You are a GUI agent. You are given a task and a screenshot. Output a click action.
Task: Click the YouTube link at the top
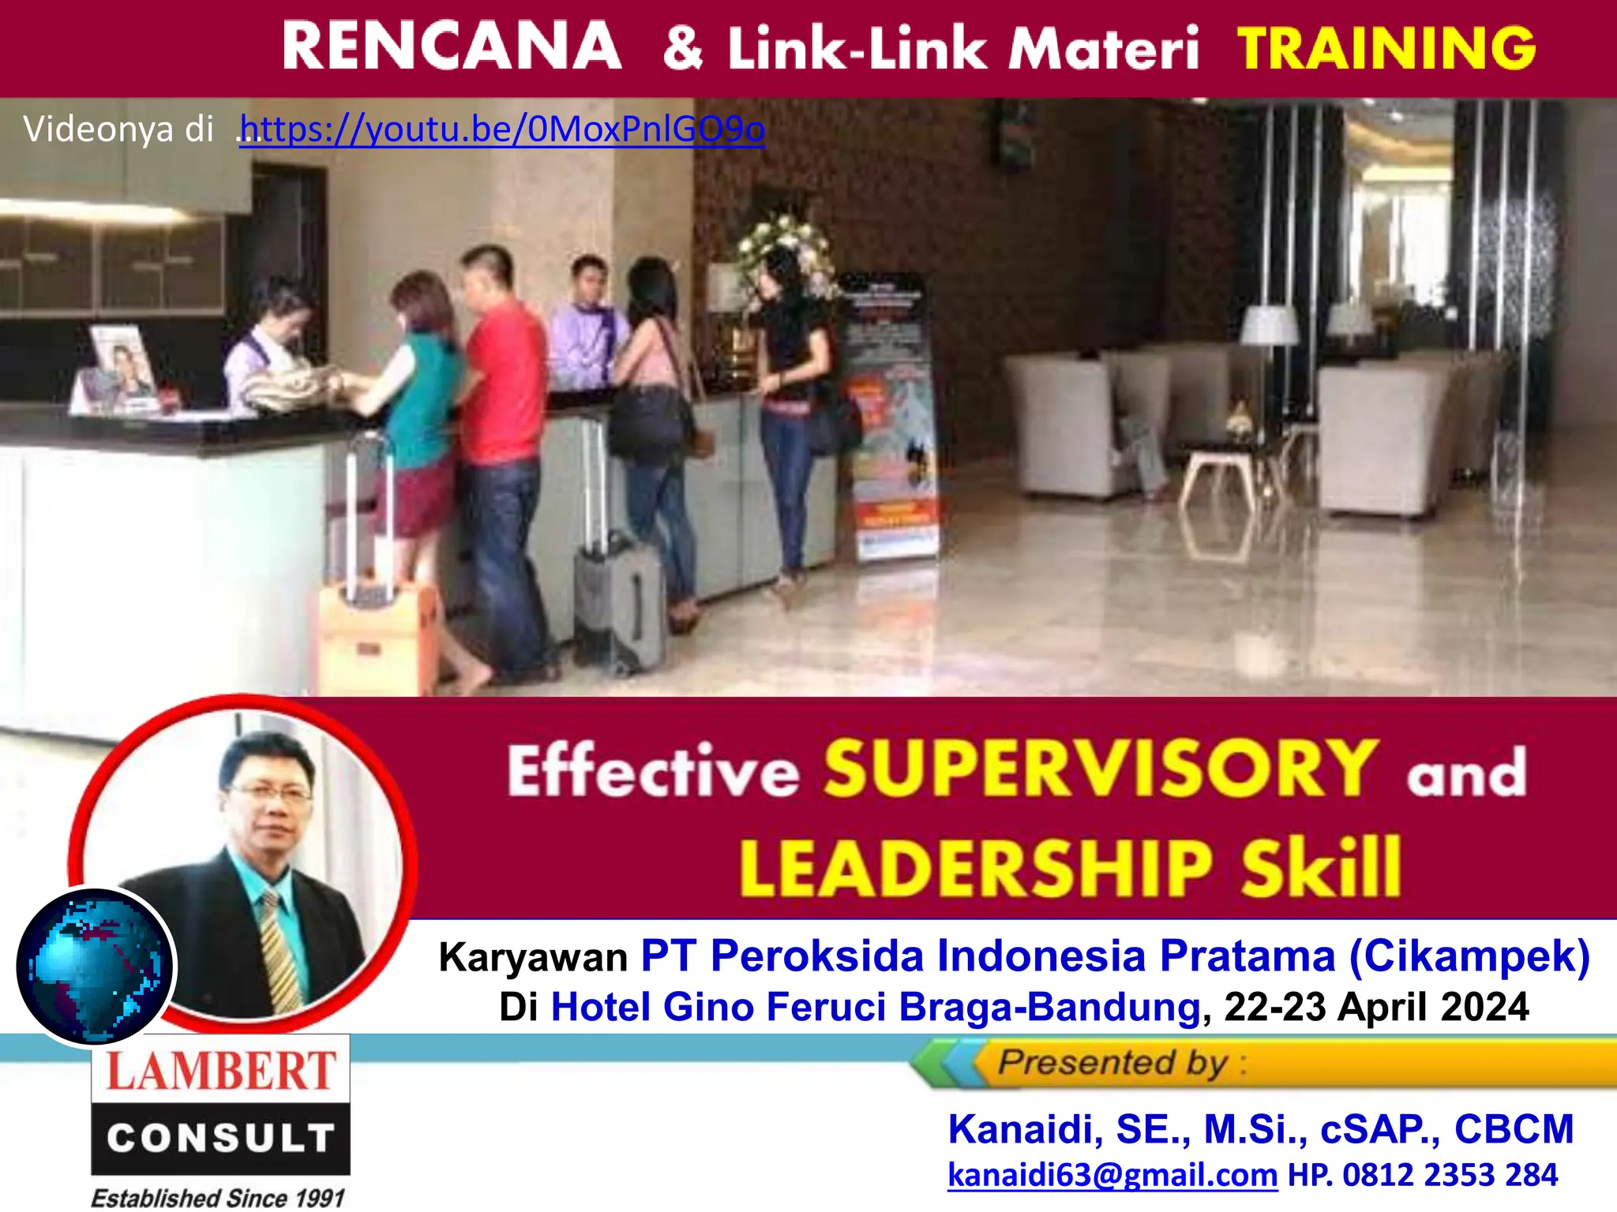(x=502, y=129)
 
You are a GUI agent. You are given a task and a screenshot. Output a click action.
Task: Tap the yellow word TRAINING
(x=1386, y=47)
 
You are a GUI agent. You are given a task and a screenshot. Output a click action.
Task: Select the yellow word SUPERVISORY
(x=1101, y=769)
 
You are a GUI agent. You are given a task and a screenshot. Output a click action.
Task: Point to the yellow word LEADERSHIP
(x=976, y=868)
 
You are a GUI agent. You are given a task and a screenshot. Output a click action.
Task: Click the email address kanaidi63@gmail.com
(x=1112, y=1176)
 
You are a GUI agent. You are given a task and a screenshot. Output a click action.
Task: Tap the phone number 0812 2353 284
(x=1450, y=1176)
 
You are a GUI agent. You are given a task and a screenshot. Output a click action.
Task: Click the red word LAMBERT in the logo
(x=220, y=1072)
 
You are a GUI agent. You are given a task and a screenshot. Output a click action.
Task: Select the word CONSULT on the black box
(x=220, y=1138)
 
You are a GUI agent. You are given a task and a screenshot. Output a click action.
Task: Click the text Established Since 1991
(x=218, y=1198)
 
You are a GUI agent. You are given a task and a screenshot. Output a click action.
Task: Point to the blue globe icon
(x=95, y=966)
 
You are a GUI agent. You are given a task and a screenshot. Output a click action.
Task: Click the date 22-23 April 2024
(x=1375, y=1008)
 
